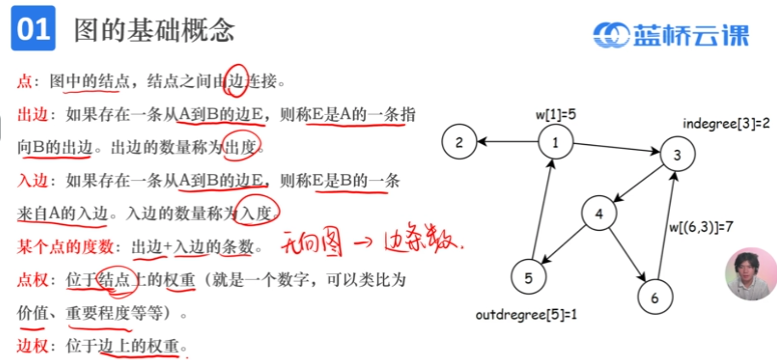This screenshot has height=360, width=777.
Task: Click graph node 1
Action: pyautogui.click(x=555, y=142)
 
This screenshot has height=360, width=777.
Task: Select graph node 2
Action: pyautogui.click(x=459, y=142)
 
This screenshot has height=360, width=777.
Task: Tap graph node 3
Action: pyautogui.click(x=677, y=155)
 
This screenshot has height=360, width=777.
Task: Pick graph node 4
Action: pyautogui.click(x=599, y=213)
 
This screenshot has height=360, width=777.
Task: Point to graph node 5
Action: pyautogui.click(x=528, y=277)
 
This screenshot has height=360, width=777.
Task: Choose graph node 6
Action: pyautogui.click(x=654, y=298)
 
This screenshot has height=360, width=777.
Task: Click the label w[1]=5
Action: pyautogui.click(x=555, y=114)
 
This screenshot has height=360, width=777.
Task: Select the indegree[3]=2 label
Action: pyautogui.click(x=725, y=123)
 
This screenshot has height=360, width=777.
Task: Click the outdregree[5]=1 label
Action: pyautogui.click(x=526, y=315)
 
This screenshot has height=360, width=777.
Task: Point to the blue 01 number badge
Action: pyautogui.click(x=33, y=28)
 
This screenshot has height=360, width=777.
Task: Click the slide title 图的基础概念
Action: pyautogui.click(x=154, y=31)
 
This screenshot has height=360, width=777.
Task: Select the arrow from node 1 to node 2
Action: pyautogui.click(x=507, y=142)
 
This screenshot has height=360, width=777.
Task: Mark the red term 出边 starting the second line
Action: pyautogui.click(x=32, y=114)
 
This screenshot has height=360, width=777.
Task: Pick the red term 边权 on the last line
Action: pyautogui.click(x=32, y=346)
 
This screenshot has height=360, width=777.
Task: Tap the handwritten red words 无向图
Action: pyautogui.click(x=311, y=243)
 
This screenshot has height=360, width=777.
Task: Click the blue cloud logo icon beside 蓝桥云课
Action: pyautogui.click(x=611, y=35)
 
